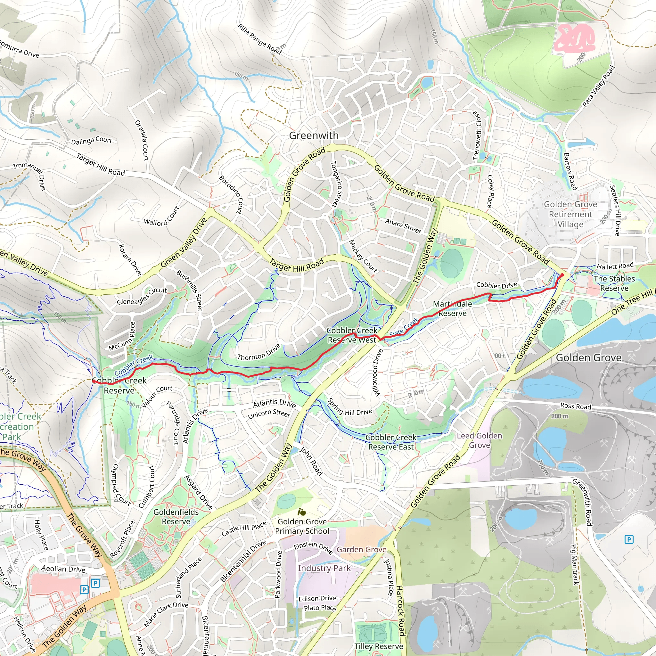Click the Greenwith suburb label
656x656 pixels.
tap(313, 135)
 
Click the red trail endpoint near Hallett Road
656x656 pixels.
tap(562, 275)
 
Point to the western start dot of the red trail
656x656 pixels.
tap(94, 381)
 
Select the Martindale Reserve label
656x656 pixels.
tap(452, 309)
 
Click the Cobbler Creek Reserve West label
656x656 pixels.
tap(352, 335)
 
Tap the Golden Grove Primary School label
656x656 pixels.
tap(302, 526)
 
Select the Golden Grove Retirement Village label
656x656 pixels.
tap(570, 214)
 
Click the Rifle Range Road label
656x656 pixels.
tap(260, 39)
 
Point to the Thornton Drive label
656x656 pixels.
tap(259, 352)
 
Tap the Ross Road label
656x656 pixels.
tap(576, 406)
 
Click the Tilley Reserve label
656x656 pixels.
tap(379, 646)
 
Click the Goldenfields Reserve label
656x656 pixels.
tap(176, 516)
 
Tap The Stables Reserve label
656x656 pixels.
tap(614, 283)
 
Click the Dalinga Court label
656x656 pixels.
tap(91, 141)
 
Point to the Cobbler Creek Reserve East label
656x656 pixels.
tap(391, 442)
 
